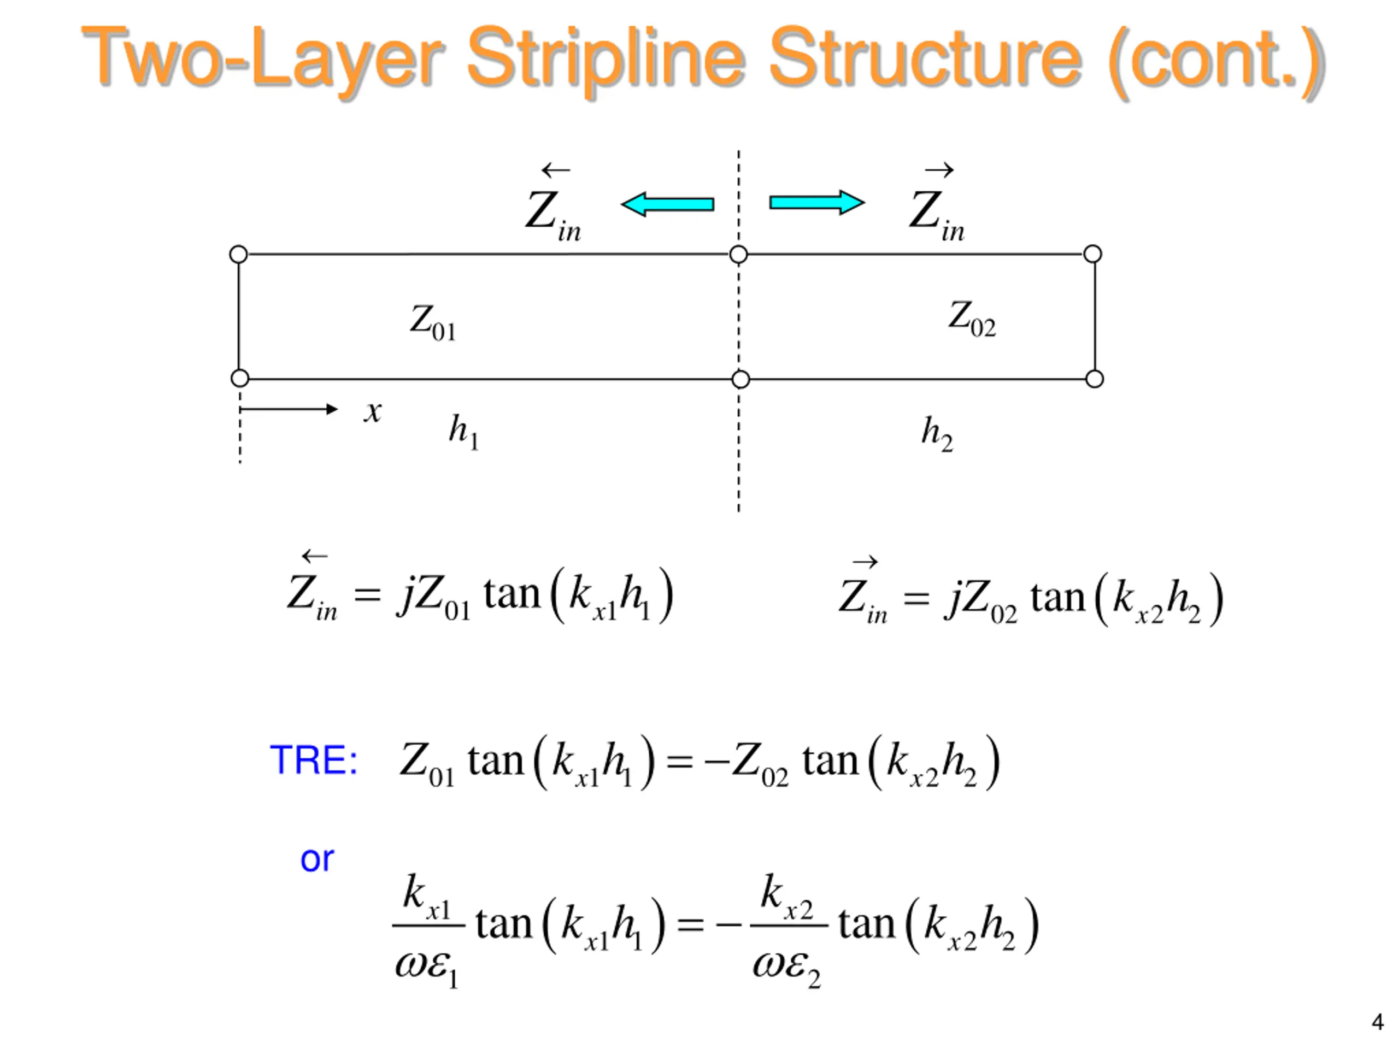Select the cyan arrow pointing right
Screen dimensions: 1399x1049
(816, 202)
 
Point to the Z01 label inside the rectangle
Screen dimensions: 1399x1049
(433, 322)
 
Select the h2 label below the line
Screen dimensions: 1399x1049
(937, 434)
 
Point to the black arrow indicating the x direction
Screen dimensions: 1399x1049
(289, 409)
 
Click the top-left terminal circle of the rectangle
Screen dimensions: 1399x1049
(238, 254)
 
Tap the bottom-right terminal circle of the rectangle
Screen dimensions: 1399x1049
(1094, 379)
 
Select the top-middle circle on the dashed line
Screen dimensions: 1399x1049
(738, 254)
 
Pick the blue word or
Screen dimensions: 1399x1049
(317, 859)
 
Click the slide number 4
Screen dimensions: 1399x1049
(1377, 1021)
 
